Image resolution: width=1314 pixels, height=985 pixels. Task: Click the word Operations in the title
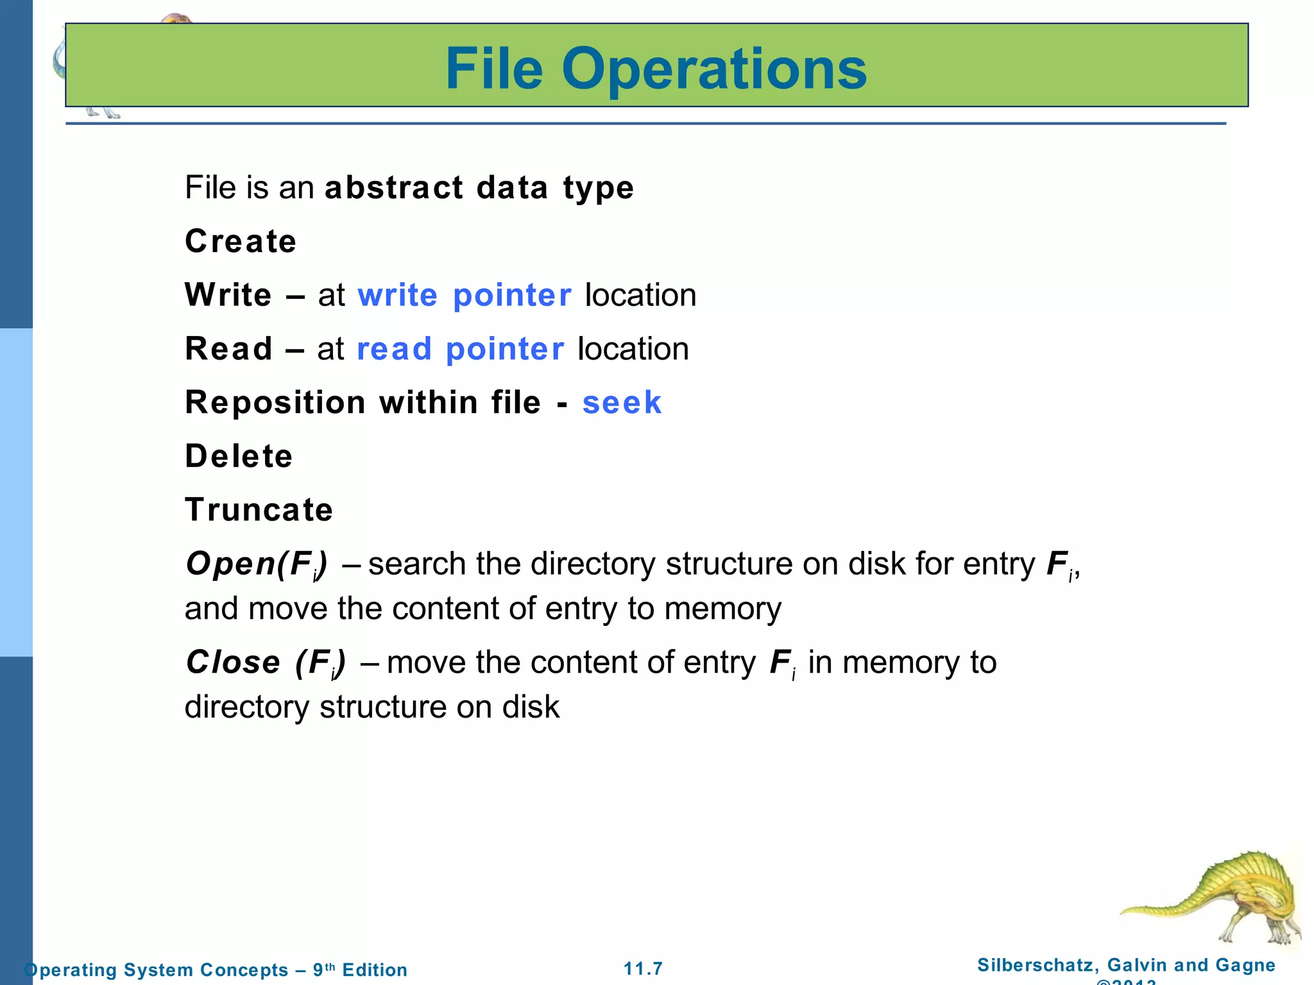coord(713,69)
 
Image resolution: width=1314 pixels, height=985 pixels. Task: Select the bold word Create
coord(241,242)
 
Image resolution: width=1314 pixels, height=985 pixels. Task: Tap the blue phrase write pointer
coord(464,296)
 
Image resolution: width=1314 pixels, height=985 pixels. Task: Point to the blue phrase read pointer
coord(460,349)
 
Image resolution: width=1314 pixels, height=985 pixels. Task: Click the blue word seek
coord(621,403)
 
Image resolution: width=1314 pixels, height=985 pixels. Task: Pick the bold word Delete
coord(239,457)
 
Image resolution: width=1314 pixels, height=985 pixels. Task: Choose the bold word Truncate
coord(259,510)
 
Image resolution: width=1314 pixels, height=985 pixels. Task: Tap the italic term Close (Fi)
coord(266,663)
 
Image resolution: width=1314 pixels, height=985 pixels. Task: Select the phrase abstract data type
coord(479,188)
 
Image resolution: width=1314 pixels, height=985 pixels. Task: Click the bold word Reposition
coord(275,403)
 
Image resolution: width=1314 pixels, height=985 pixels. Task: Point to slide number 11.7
coord(644,968)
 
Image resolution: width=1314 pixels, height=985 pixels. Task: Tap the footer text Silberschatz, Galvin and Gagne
coord(1126,965)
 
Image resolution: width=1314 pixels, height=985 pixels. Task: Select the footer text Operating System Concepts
coord(156,970)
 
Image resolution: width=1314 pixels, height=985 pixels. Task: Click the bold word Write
coord(228,296)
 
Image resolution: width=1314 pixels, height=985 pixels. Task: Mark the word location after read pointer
coord(633,349)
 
